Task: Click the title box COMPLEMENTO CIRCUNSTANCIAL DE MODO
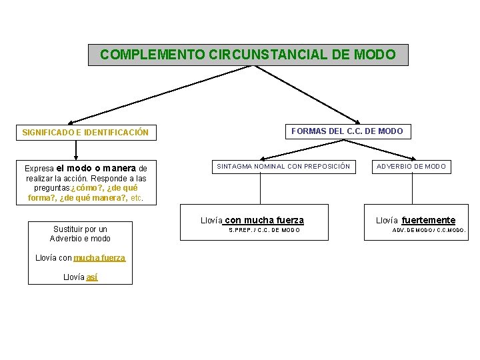coord(248,55)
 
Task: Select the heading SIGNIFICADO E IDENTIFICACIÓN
coord(85,133)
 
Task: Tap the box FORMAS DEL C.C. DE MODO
coord(347,131)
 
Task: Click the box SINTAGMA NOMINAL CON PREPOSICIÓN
coord(283,166)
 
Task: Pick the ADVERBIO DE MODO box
coord(411,166)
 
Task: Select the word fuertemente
coord(429,220)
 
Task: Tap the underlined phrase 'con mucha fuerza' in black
coord(264,220)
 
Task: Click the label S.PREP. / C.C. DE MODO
coord(265,230)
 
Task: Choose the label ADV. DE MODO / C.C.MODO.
coord(429,231)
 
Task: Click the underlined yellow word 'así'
coord(92,277)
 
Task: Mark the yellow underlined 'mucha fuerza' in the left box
coord(99,258)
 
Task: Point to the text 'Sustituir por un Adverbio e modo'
coord(80,233)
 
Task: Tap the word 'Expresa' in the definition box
coord(39,169)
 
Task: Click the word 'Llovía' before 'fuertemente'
coord(387,221)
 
